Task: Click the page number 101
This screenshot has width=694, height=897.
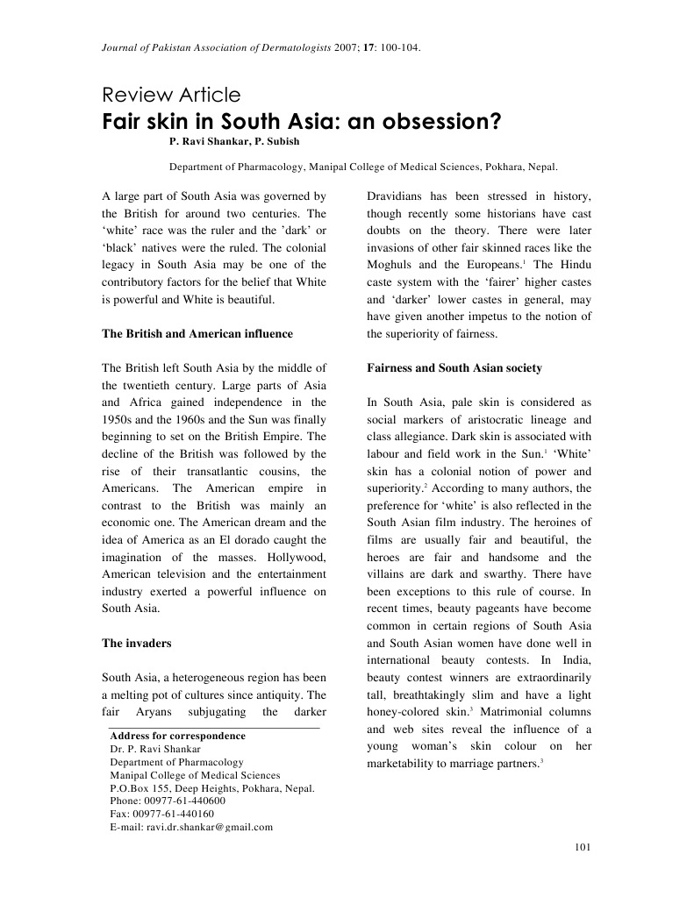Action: pos(582,846)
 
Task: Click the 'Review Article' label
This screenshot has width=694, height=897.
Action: pos(171,96)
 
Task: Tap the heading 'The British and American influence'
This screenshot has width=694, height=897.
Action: pos(197,334)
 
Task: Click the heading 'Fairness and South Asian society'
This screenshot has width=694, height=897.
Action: pos(454,367)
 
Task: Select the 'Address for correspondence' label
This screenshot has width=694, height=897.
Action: pos(177,736)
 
